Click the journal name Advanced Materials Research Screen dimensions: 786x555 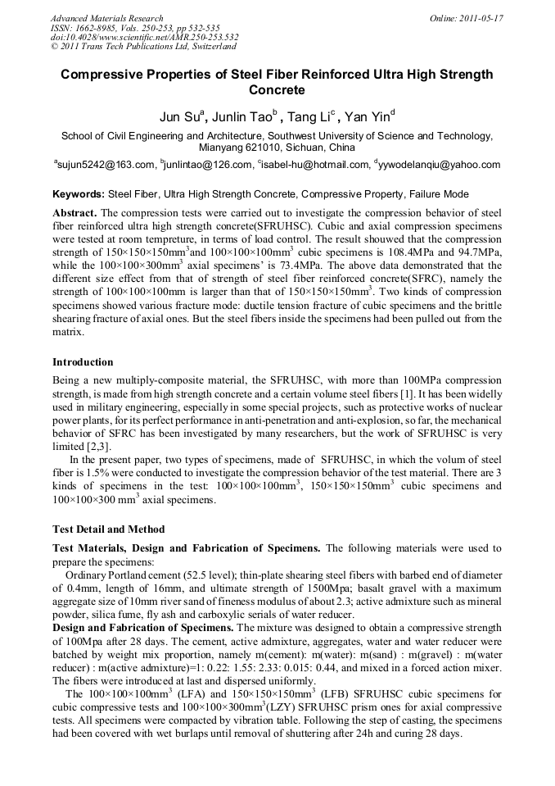pos(106,18)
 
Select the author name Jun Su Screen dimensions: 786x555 pos(179,116)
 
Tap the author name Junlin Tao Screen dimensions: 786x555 pos(243,116)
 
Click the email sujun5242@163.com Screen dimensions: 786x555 pos(106,165)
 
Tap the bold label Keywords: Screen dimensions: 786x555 pos(79,194)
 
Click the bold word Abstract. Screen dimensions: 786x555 pos(75,212)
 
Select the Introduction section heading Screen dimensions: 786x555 pos(83,361)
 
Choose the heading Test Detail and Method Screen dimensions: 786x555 pos(108,529)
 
